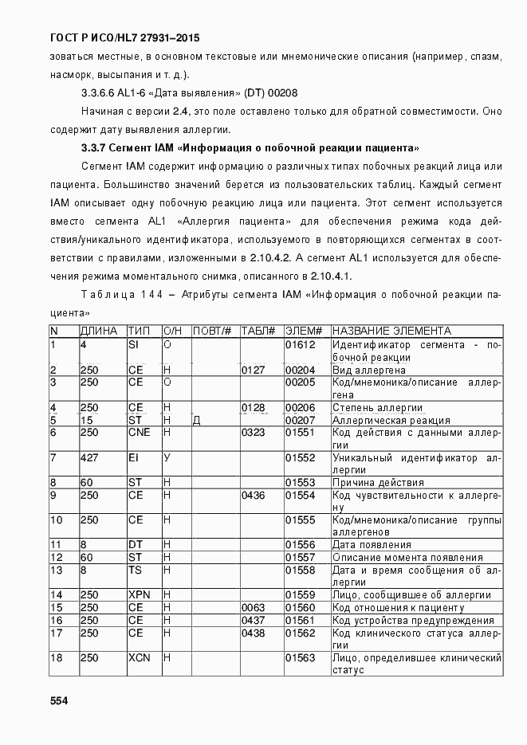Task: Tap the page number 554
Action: [x=60, y=700]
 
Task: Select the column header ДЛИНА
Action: [x=99, y=331]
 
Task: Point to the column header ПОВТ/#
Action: [x=213, y=331]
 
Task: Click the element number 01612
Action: [x=301, y=345]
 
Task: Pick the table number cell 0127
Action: [x=253, y=370]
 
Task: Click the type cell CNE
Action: [x=140, y=433]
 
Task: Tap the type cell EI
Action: [x=133, y=458]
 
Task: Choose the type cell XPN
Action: [x=140, y=595]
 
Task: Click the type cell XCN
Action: [x=140, y=658]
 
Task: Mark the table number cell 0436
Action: [x=253, y=496]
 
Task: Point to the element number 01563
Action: [x=301, y=658]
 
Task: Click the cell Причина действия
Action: [x=377, y=483]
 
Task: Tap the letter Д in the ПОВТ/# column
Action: [x=196, y=421]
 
